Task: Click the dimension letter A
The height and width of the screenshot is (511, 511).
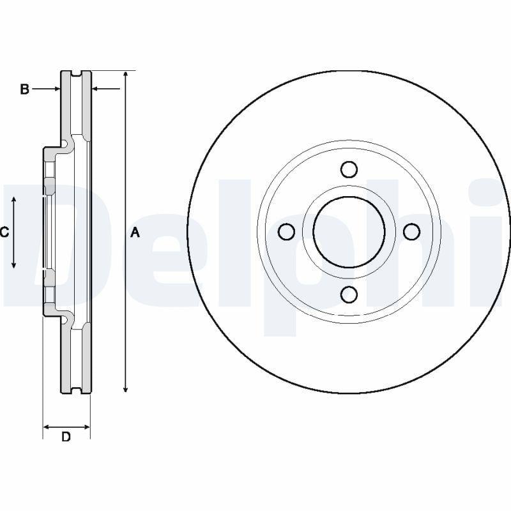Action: [x=135, y=233]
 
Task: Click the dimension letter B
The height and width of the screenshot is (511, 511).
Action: [x=24, y=89]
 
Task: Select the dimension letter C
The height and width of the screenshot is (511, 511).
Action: [x=4, y=233]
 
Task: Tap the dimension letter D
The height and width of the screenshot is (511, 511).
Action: [x=66, y=438]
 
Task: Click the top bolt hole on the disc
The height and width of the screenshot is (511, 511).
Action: [x=349, y=169]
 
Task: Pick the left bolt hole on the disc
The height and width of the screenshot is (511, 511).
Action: [x=287, y=231]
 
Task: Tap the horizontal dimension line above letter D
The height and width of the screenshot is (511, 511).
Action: [x=66, y=426]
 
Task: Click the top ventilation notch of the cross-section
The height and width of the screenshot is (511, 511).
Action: [x=77, y=73]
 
